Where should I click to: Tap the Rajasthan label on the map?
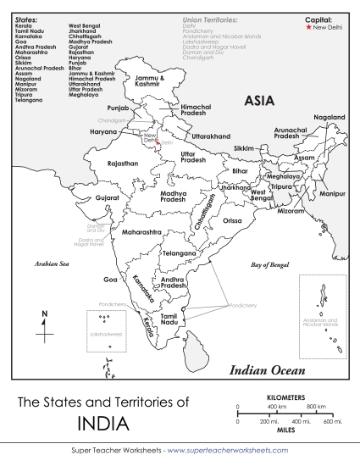click(122, 164)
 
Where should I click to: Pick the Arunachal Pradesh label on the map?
click(289, 133)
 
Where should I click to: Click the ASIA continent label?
click(258, 101)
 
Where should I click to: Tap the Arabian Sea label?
click(51, 264)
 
